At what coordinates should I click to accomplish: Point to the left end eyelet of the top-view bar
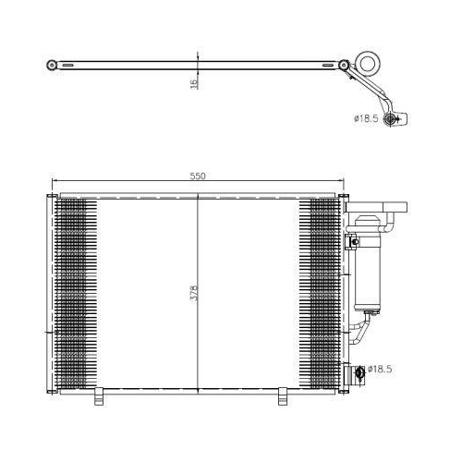51,65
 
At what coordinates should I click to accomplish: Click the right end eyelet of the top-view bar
344,66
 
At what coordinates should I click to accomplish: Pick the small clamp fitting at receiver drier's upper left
350,242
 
